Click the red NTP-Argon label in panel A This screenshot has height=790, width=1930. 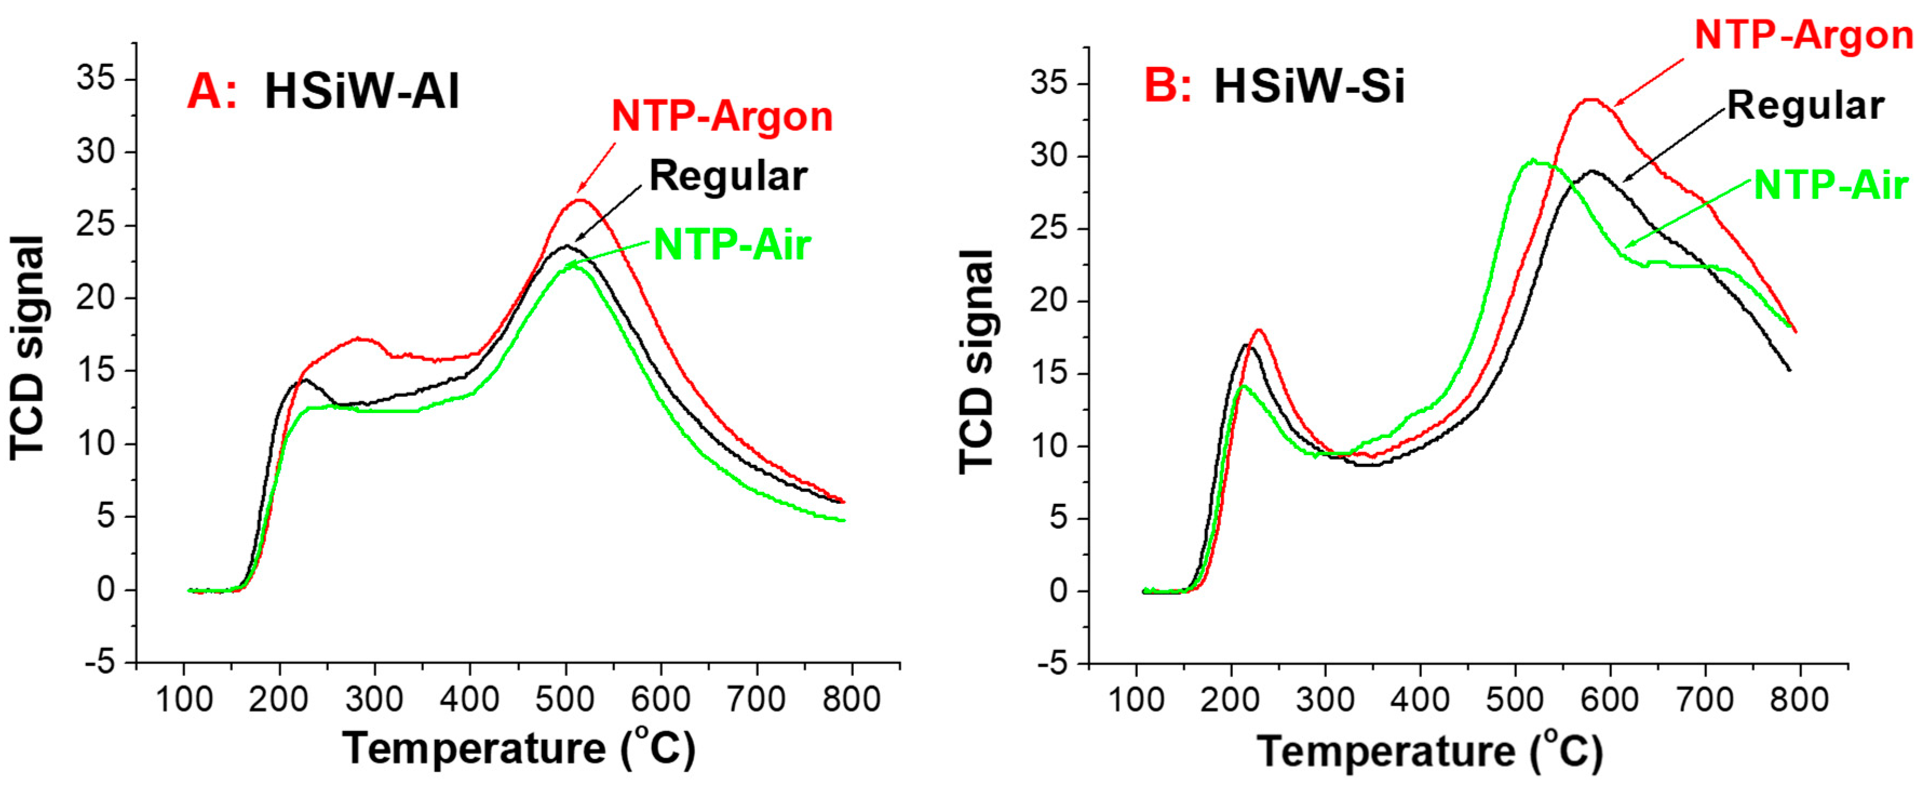[721, 117]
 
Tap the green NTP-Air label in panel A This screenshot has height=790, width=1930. [732, 245]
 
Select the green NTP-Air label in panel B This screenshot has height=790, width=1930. [1830, 185]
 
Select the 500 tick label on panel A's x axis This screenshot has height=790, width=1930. [565, 699]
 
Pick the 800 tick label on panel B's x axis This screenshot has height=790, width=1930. [1799, 699]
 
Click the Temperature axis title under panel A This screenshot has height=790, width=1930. [518, 748]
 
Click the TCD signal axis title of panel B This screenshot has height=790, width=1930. [977, 361]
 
